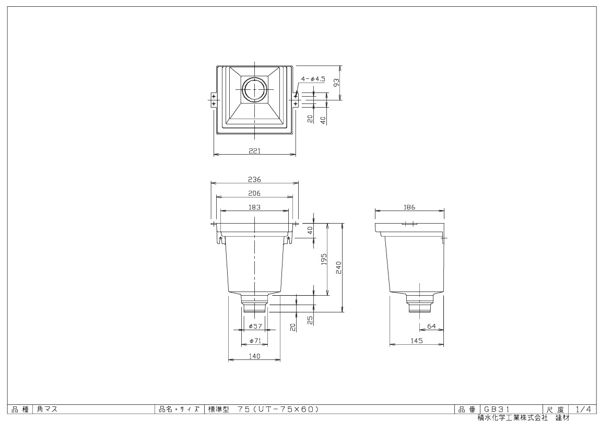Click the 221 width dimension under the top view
pyautogui.click(x=254, y=150)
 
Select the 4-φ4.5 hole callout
pyautogui.click(x=313, y=79)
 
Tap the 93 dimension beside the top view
pyautogui.click(x=336, y=83)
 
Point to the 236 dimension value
pyautogui.click(x=254, y=180)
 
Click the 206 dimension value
pyautogui.click(x=254, y=193)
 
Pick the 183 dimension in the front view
pyautogui.click(x=254, y=207)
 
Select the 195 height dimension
pyautogui.click(x=324, y=259)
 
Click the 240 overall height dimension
pyautogui.click(x=338, y=267)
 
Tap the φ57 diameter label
pyautogui.click(x=255, y=326)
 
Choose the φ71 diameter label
pyautogui.click(x=255, y=341)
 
